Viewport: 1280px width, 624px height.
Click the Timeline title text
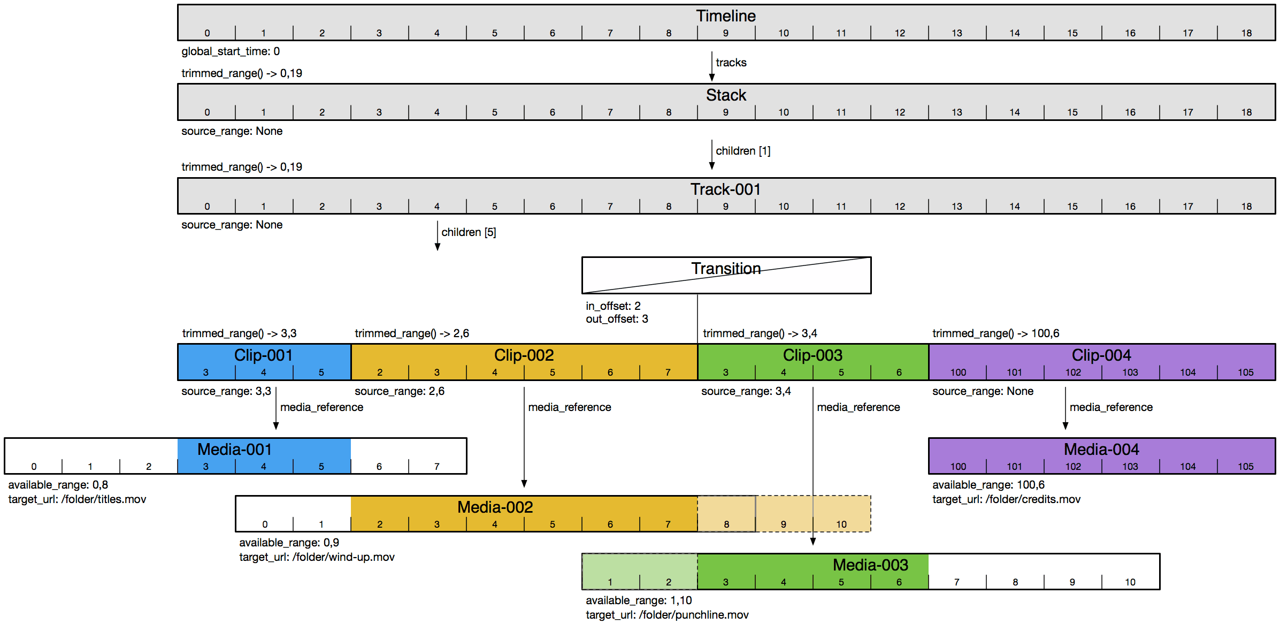(x=725, y=16)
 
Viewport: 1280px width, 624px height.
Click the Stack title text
(x=725, y=95)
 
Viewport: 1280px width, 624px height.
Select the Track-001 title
(x=725, y=189)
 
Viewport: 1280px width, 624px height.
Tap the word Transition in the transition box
(x=725, y=269)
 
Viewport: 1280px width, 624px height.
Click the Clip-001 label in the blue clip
(x=263, y=355)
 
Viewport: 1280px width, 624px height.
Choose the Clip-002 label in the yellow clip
(x=524, y=355)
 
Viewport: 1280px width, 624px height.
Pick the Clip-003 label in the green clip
(x=813, y=355)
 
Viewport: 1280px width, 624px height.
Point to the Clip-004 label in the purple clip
(x=1101, y=355)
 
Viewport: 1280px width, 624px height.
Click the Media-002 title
(x=495, y=507)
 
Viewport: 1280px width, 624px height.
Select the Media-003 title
(x=870, y=565)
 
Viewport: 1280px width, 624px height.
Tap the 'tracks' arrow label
(x=731, y=63)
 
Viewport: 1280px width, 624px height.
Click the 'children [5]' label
(x=469, y=232)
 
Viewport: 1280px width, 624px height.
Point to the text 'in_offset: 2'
(x=613, y=306)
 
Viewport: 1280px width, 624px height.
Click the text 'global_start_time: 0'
(x=231, y=51)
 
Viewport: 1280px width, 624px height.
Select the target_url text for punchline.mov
(x=667, y=615)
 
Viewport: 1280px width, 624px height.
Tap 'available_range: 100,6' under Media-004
(x=988, y=485)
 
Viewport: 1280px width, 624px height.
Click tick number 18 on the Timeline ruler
(x=1246, y=33)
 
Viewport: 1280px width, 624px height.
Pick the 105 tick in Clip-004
(x=1245, y=372)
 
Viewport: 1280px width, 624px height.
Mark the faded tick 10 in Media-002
(x=841, y=524)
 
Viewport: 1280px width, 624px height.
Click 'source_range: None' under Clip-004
(x=983, y=391)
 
